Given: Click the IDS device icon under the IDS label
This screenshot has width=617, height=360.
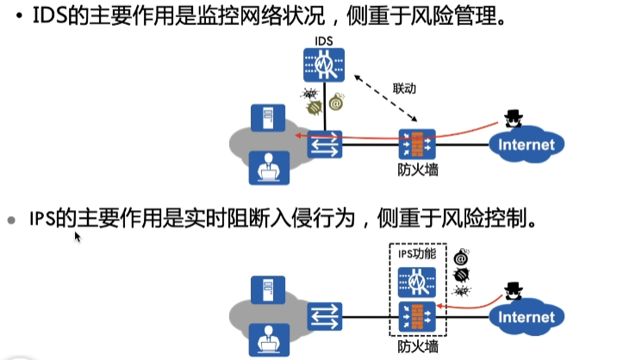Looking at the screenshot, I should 325,65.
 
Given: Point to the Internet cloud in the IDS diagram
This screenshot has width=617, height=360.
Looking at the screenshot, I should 527,145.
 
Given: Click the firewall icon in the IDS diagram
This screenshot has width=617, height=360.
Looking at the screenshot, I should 418,144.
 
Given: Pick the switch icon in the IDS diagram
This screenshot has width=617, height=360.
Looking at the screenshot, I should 327,145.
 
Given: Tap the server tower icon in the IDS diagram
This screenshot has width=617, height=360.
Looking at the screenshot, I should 264,120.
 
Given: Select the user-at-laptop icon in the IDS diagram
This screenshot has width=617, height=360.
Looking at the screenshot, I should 264,167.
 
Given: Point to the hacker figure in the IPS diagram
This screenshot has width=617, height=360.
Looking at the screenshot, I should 514,293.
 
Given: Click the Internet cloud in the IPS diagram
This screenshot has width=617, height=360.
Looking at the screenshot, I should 527,318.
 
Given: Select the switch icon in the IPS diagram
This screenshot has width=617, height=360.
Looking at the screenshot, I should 327,316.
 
